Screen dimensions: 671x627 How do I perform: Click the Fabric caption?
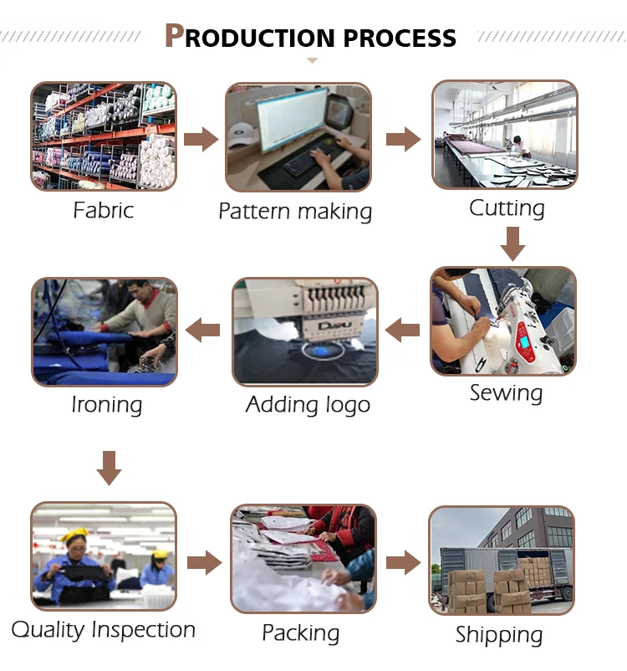click(103, 209)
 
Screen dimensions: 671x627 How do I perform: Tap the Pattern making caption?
click(295, 211)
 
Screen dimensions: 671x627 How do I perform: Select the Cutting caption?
click(507, 207)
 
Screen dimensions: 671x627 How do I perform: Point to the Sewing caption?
click(506, 392)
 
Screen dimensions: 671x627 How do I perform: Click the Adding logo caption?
click(308, 405)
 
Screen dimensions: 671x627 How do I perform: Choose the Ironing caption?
click(106, 405)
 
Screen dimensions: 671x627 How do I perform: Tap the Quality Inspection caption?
click(104, 629)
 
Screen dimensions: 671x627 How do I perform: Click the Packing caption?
click(301, 633)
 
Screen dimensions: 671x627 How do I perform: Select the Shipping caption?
click(499, 634)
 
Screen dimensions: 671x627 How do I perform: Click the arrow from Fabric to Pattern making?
click(201, 138)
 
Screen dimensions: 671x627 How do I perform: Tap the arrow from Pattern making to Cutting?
click(403, 138)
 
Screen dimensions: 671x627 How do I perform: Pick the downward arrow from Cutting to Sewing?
click(512, 243)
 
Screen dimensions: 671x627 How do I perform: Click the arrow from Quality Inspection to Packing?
click(203, 562)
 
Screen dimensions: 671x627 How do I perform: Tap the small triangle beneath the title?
click(313, 60)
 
